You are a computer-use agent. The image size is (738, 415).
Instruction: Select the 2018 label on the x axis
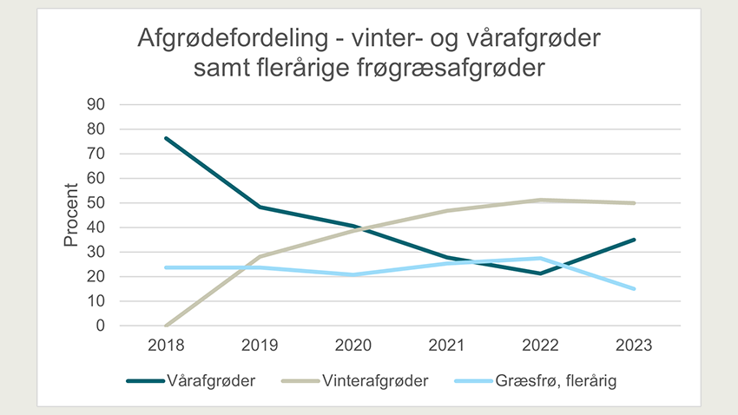(x=164, y=346)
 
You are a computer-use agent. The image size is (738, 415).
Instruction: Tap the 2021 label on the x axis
(x=445, y=346)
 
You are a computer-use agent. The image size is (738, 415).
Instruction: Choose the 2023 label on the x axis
(x=634, y=346)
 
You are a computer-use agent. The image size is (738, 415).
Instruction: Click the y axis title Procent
(x=71, y=215)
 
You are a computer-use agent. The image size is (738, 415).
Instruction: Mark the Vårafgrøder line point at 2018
(x=164, y=138)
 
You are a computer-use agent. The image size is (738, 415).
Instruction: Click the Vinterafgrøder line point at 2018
(x=164, y=326)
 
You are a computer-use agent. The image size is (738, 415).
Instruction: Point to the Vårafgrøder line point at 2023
(x=634, y=240)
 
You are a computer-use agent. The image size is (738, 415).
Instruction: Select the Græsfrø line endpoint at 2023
(x=634, y=289)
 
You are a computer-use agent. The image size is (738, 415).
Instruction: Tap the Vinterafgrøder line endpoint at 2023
(x=634, y=203)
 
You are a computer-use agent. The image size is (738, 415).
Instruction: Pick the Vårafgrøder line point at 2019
(x=258, y=207)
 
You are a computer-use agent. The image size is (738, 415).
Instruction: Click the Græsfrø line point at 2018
(x=164, y=267)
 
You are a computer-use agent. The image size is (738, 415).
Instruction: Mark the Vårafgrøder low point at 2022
(x=540, y=273)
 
